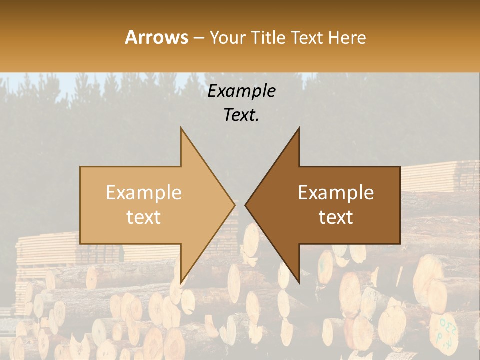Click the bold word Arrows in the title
(156, 37)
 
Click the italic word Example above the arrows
(241, 91)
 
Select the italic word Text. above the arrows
(241, 115)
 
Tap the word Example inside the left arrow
(143, 193)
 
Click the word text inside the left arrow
(143, 217)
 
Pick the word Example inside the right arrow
(336, 193)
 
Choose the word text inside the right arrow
(336, 217)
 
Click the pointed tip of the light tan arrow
(235, 205)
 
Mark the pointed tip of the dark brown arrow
(245, 205)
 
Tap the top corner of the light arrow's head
(181, 128)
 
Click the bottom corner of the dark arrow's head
(299, 282)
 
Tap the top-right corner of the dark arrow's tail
(400, 167)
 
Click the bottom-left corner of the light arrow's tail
(80, 243)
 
